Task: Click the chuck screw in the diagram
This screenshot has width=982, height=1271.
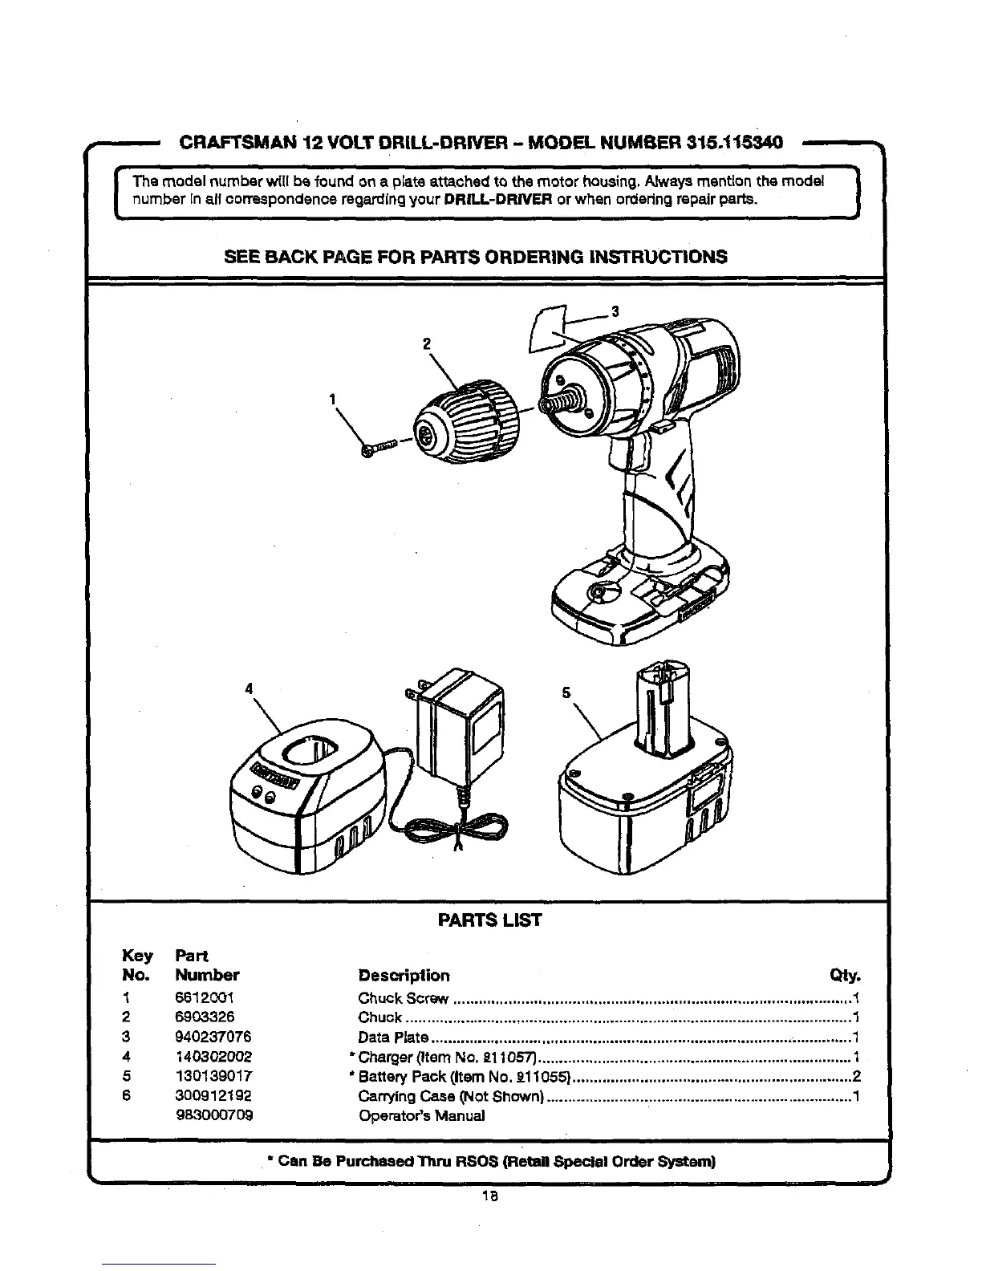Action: (382, 448)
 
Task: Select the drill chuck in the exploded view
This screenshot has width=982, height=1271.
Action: (461, 424)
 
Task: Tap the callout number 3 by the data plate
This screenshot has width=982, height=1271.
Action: (615, 312)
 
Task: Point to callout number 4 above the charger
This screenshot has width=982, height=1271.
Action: (249, 688)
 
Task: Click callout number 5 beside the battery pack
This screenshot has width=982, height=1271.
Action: (566, 692)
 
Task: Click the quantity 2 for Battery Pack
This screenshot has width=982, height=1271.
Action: (856, 1077)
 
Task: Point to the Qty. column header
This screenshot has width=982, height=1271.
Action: (845, 977)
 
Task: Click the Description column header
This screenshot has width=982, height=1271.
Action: (404, 976)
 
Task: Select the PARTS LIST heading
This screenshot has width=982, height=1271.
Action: (489, 920)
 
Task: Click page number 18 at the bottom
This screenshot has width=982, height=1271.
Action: (489, 1196)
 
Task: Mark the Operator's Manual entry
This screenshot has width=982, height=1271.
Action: (421, 1115)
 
